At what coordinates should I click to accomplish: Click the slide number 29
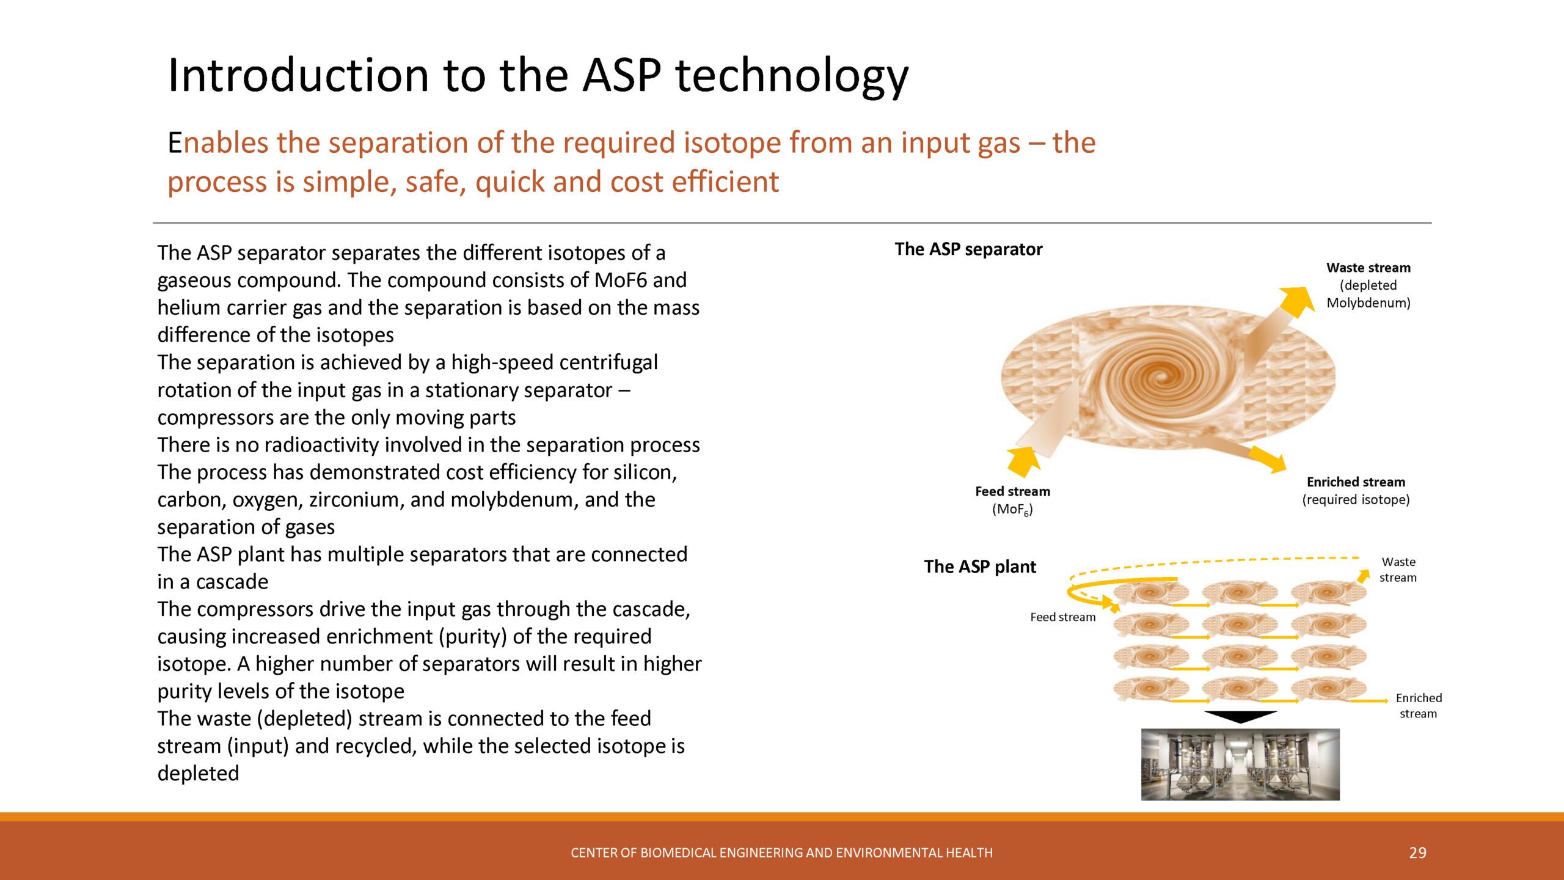[x=1417, y=853]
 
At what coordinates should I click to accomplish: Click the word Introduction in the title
[x=298, y=75]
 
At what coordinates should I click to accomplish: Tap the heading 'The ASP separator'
[x=968, y=249]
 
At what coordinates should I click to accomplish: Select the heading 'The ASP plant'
[x=980, y=566]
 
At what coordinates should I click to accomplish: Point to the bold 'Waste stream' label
[x=1368, y=268]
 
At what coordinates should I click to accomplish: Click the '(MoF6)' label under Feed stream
[x=1012, y=510]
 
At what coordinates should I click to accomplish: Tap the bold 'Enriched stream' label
[x=1356, y=482]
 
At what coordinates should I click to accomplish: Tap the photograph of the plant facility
[x=1240, y=765]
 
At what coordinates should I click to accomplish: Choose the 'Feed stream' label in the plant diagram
[x=1063, y=617]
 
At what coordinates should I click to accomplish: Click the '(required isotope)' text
[x=1356, y=500]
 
